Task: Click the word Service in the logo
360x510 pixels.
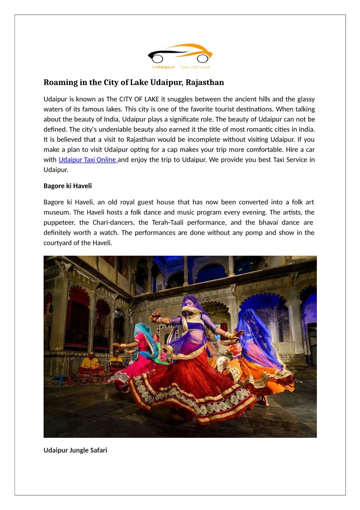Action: [200, 67]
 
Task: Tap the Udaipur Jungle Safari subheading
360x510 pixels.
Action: [75, 451]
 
